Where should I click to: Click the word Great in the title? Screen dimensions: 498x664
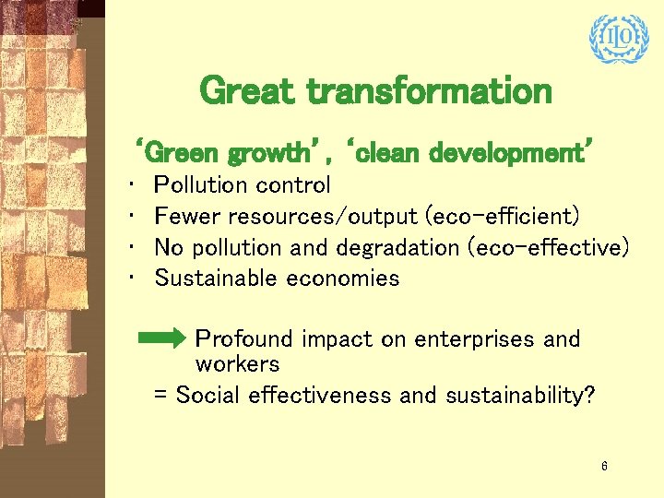point(246,91)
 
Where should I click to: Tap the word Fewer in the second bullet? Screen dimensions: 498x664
point(187,217)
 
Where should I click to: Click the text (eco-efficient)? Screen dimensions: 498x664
point(502,217)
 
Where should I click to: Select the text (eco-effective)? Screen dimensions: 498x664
point(548,247)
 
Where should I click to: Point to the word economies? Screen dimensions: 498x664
point(343,278)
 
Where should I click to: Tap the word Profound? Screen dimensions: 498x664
point(243,339)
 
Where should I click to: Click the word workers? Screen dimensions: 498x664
point(237,363)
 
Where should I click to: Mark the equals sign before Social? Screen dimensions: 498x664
point(160,396)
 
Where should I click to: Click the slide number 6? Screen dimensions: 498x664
point(604,467)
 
